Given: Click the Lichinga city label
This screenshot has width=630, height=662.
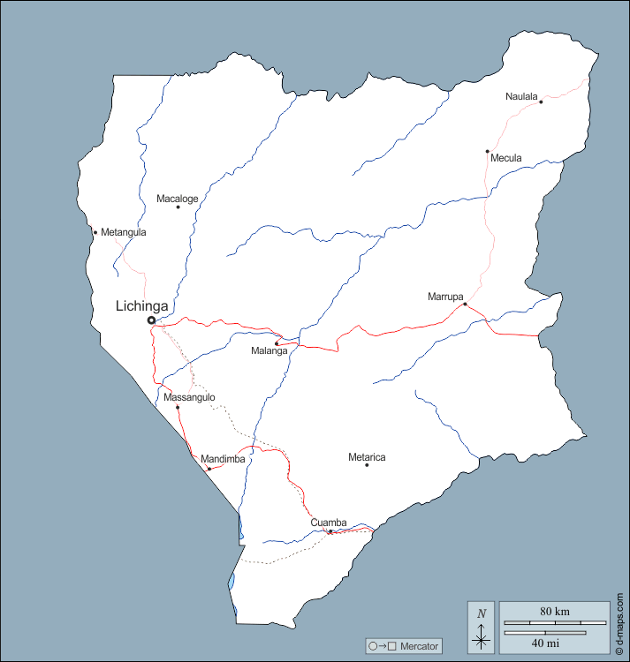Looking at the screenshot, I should (141, 305).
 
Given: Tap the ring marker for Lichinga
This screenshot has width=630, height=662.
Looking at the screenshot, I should (151, 320).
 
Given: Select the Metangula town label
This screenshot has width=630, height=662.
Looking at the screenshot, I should (123, 232).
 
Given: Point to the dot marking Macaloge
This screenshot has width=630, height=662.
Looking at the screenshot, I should (178, 207).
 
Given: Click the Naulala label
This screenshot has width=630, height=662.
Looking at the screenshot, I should (521, 96).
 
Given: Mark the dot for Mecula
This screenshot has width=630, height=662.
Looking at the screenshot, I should (487, 151).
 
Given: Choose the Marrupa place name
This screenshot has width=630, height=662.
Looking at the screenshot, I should (445, 297).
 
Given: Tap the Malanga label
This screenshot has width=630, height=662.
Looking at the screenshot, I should (269, 351).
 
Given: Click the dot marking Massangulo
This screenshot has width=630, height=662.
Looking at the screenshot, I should (178, 407).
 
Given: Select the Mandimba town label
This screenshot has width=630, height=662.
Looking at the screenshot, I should (222, 459).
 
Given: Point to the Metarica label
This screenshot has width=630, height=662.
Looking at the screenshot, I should (367, 457).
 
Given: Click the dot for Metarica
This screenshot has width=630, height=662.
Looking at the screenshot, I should (367, 465).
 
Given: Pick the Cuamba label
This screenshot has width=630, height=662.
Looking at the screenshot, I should (328, 523).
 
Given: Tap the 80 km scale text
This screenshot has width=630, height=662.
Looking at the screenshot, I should (555, 611).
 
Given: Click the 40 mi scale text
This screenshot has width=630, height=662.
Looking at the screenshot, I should (545, 643).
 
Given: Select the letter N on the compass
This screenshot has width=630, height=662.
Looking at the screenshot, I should (481, 614).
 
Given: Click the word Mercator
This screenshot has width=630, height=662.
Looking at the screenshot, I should (419, 647).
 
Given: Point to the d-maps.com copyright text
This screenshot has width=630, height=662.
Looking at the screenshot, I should (620, 623).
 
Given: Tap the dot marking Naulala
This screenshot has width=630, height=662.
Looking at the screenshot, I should (541, 102).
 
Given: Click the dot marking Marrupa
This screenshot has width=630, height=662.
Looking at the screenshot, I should (465, 305).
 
